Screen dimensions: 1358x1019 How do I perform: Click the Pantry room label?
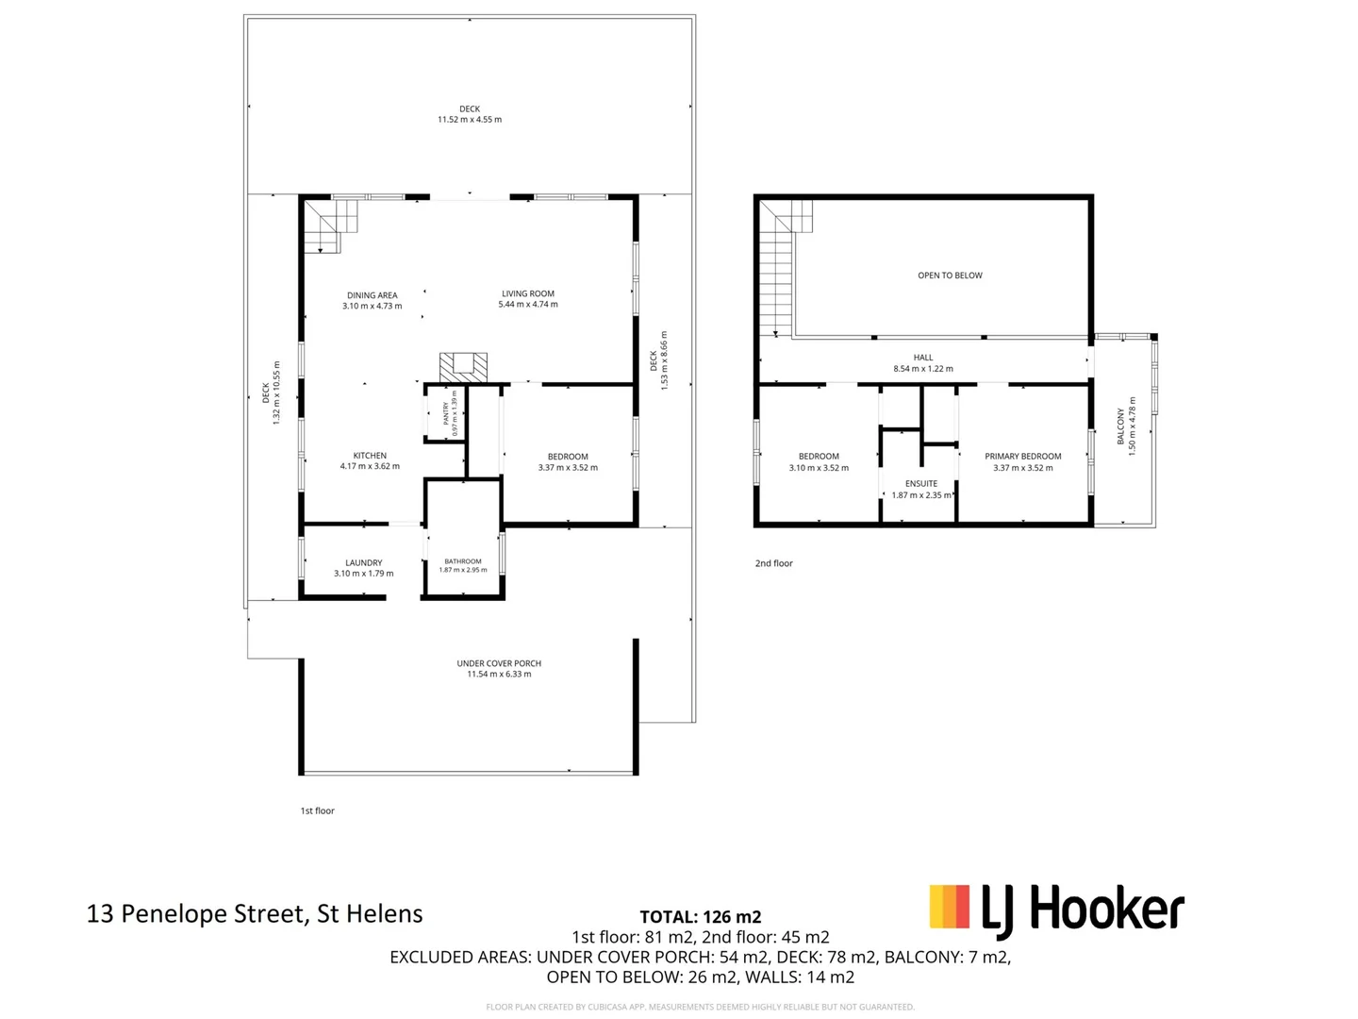(x=445, y=413)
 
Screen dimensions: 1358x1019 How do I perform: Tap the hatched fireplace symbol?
(x=463, y=367)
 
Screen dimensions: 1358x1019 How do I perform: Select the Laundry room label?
(x=364, y=562)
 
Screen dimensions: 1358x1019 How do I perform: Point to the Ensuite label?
(x=921, y=483)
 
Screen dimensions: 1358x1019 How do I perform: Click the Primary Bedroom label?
(x=1022, y=456)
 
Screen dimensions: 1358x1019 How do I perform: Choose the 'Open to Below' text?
(x=950, y=276)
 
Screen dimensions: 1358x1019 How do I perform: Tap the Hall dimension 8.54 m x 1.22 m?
(x=923, y=368)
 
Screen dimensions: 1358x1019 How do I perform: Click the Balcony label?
(x=1120, y=426)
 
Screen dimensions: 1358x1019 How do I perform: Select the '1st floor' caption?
(x=318, y=810)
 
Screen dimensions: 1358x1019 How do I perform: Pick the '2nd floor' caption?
(x=773, y=563)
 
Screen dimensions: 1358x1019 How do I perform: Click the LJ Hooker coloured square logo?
(x=949, y=907)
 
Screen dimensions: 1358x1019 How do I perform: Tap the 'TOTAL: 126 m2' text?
(x=701, y=916)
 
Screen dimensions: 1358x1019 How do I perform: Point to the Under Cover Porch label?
(x=499, y=663)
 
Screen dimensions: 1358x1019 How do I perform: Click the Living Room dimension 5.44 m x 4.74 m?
(x=528, y=305)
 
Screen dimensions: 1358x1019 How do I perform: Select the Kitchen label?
(x=370, y=456)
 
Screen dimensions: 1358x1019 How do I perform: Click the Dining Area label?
(x=372, y=295)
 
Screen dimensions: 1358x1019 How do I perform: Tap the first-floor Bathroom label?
(x=463, y=561)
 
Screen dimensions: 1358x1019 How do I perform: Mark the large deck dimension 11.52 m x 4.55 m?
(x=470, y=120)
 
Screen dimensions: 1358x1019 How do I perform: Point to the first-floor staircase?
(x=331, y=226)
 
